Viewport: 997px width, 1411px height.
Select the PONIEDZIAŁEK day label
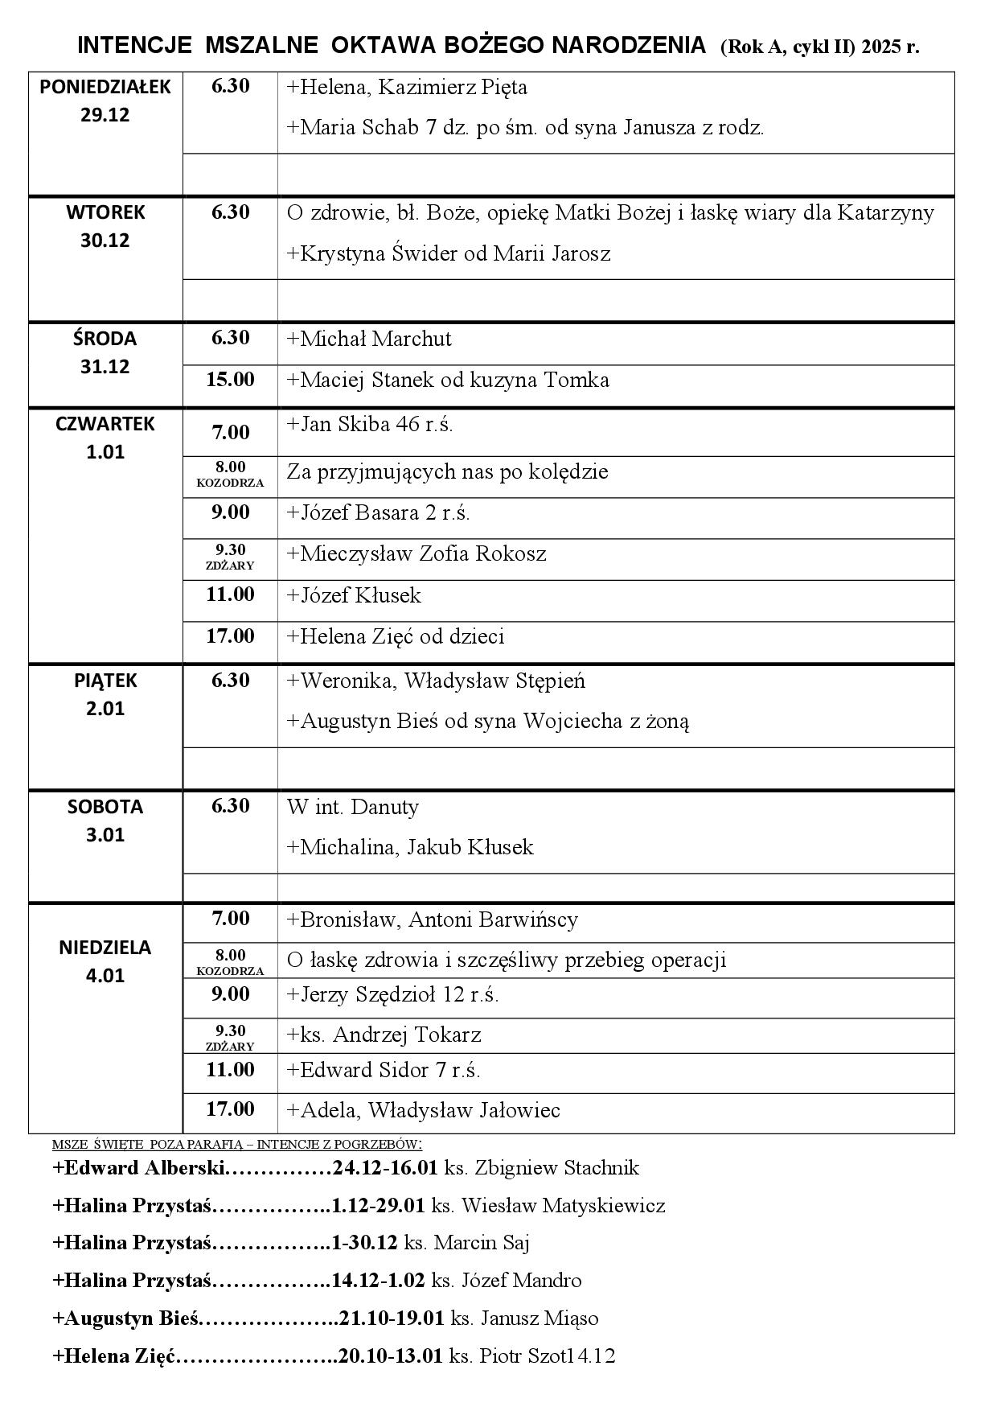coord(105,87)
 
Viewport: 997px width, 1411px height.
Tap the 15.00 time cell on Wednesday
coord(230,380)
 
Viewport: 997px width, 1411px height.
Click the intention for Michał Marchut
coord(369,339)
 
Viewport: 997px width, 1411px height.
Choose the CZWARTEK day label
coord(105,424)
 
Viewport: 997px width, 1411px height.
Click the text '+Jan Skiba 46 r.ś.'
coord(370,425)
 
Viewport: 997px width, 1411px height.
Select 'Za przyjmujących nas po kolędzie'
coord(447,471)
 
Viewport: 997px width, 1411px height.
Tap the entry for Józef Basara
coord(378,512)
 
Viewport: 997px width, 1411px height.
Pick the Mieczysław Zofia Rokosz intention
coord(416,554)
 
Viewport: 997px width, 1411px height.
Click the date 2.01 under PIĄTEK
coord(105,709)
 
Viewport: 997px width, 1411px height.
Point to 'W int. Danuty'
coord(353,807)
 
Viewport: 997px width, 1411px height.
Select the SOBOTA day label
coord(105,807)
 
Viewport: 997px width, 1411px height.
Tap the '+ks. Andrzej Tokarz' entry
coord(384,1035)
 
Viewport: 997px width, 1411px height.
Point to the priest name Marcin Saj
coord(481,1243)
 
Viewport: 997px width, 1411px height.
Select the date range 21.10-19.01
coord(392,1318)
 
